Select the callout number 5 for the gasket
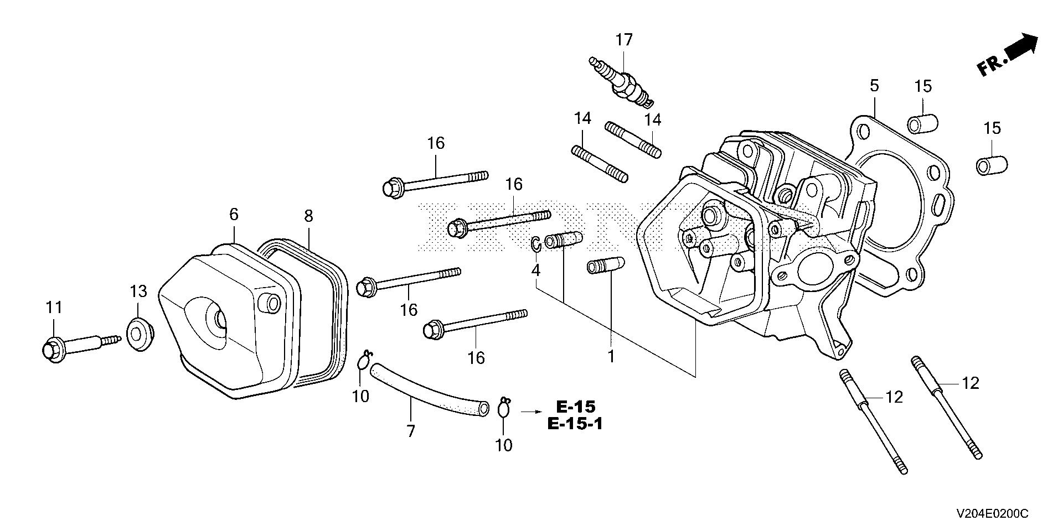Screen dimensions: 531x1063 pyautogui.click(x=874, y=86)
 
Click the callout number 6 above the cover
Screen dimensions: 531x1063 pyautogui.click(x=233, y=214)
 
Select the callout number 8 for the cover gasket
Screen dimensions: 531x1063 pyautogui.click(x=308, y=216)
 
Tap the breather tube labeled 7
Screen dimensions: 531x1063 pyautogui.click(x=429, y=387)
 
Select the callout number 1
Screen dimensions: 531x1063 pyautogui.click(x=611, y=357)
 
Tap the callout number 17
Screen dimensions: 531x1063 pyautogui.click(x=624, y=40)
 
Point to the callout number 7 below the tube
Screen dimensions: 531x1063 pyautogui.click(x=411, y=431)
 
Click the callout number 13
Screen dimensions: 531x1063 pyautogui.click(x=139, y=290)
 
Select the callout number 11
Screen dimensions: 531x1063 pyautogui.click(x=54, y=308)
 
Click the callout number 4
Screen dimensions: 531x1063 pyautogui.click(x=535, y=270)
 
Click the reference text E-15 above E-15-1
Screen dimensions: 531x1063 pyautogui.click(x=576, y=407)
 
